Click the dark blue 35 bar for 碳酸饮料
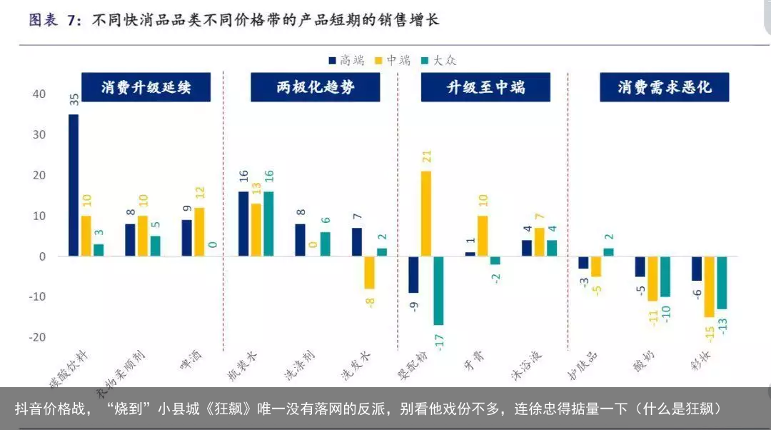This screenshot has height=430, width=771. [74, 185]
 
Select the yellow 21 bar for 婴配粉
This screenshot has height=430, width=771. [426, 214]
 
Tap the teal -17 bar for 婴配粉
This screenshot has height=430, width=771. [438, 290]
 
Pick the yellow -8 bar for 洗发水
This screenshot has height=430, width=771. [369, 272]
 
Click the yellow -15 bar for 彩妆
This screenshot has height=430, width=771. [709, 286]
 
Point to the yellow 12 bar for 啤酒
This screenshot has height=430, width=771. [199, 232]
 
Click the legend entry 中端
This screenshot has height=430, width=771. [393, 61]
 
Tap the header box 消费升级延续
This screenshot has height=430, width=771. [146, 87]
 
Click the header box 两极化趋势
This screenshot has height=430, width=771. [315, 87]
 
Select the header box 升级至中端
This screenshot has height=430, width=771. [485, 87]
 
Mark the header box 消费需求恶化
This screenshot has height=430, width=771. [664, 87]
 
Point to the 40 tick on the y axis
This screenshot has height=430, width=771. [39, 94]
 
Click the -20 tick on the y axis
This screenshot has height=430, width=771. [37, 337]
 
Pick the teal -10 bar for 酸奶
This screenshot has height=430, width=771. [665, 276]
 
